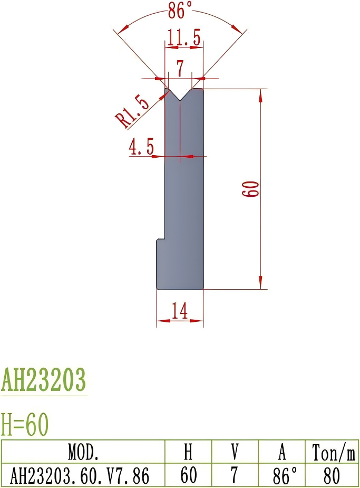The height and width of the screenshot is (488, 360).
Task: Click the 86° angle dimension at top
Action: (x=180, y=9)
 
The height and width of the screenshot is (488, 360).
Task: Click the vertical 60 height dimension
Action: (x=251, y=188)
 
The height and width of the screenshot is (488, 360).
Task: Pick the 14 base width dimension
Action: (x=180, y=312)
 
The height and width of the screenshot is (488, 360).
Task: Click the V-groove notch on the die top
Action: (x=180, y=95)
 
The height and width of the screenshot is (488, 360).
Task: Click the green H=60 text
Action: (x=25, y=423)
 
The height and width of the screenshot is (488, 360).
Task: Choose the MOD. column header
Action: (x=83, y=452)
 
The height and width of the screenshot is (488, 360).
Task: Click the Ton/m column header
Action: (x=333, y=452)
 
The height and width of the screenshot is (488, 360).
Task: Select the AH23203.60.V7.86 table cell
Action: (x=80, y=476)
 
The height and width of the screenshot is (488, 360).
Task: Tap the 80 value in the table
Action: (x=332, y=476)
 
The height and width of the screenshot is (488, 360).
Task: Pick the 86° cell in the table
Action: (x=282, y=476)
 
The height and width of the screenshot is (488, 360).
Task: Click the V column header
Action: (x=235, y=452)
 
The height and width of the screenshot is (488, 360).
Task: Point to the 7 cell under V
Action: (x=235, y=476)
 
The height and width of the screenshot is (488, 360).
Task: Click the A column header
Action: (x=282, y=452)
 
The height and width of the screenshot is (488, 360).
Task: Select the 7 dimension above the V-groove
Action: (x=180, y=68)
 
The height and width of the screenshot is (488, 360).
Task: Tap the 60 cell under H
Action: (x=188, y=476)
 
